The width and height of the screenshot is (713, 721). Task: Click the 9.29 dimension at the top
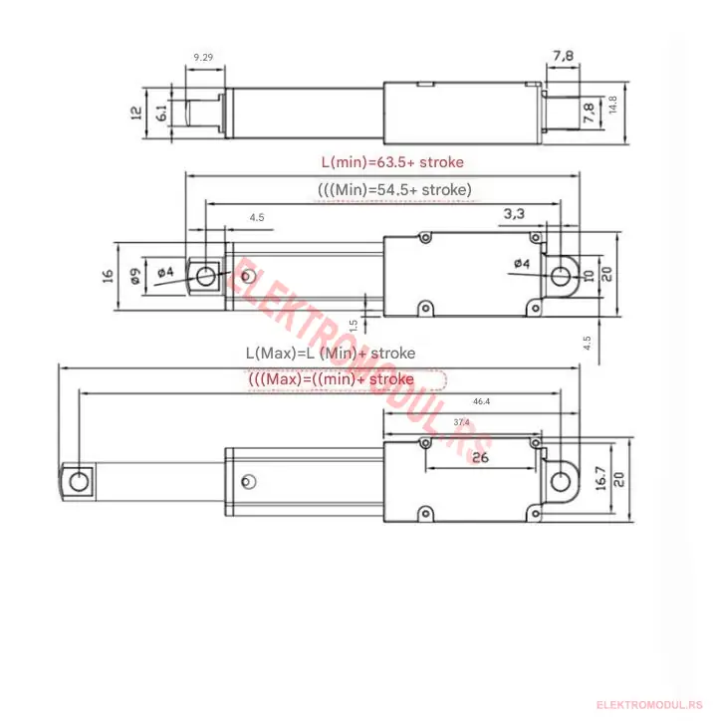tap(203, 57)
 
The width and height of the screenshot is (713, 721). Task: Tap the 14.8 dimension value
tap(612, 105)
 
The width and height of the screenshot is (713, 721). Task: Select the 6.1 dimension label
tap(161, 113)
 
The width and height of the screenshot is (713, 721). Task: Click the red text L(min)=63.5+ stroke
tap(392, 162)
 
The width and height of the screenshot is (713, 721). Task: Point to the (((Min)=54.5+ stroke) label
tap(394, 190)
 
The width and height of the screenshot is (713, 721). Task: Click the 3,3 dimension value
tap(514, 214)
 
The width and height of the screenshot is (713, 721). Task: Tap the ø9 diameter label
tap(135, 277)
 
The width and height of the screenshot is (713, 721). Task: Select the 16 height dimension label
tap(108, 276)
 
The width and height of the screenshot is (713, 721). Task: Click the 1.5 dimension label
tap(354, 326)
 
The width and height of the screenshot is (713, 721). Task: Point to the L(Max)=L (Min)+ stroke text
tap(331, 354)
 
